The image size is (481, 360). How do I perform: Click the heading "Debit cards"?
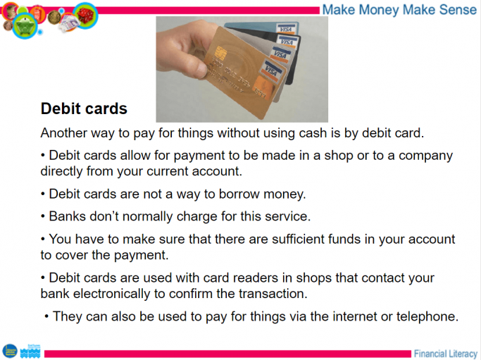(84, 109)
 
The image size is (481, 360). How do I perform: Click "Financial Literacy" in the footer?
(445, 353)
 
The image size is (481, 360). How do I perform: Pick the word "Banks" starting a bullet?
(69, 216)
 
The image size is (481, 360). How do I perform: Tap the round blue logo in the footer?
(9, 350)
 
